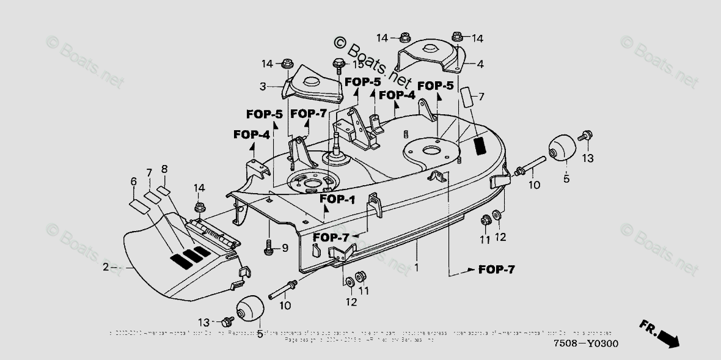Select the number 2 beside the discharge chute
coord(105,267)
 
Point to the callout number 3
coord(263,87)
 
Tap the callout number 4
coord(480,64)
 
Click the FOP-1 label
coord(337,199)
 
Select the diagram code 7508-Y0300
coord(585,343)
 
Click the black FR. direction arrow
coord(663,334)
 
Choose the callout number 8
coord(164,169)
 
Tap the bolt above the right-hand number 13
coord(585,136)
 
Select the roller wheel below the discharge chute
coord(250,309)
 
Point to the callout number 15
coord(358,64)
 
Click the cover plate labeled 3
coord(313,84)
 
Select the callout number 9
coord(285,248)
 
